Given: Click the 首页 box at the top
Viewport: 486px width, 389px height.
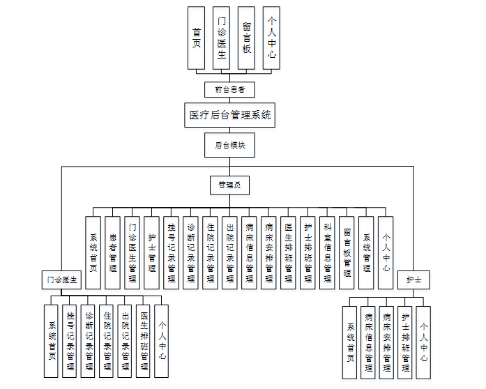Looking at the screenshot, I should [x=197, y=38].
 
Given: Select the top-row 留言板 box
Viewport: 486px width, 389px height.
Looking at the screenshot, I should [x=246, y=38].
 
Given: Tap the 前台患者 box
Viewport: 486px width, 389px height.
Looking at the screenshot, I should [x=229, y=89].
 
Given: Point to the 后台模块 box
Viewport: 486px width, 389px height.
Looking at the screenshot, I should [x=229, y=146].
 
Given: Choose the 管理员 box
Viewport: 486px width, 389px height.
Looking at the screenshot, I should [x=229, y=185].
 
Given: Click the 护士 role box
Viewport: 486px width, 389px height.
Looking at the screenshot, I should [x=413, y=280].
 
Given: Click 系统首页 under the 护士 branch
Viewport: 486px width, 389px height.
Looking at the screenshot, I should [x=351, y=342].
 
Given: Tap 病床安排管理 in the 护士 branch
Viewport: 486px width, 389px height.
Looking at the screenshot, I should [x=387, y=342].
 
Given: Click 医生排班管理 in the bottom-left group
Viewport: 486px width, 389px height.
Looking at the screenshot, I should [x=144, y=341].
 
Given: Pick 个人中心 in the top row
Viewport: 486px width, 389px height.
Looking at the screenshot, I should [x=271, y=38].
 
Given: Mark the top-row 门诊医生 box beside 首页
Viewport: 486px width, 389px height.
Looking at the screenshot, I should [x=221, y=38].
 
